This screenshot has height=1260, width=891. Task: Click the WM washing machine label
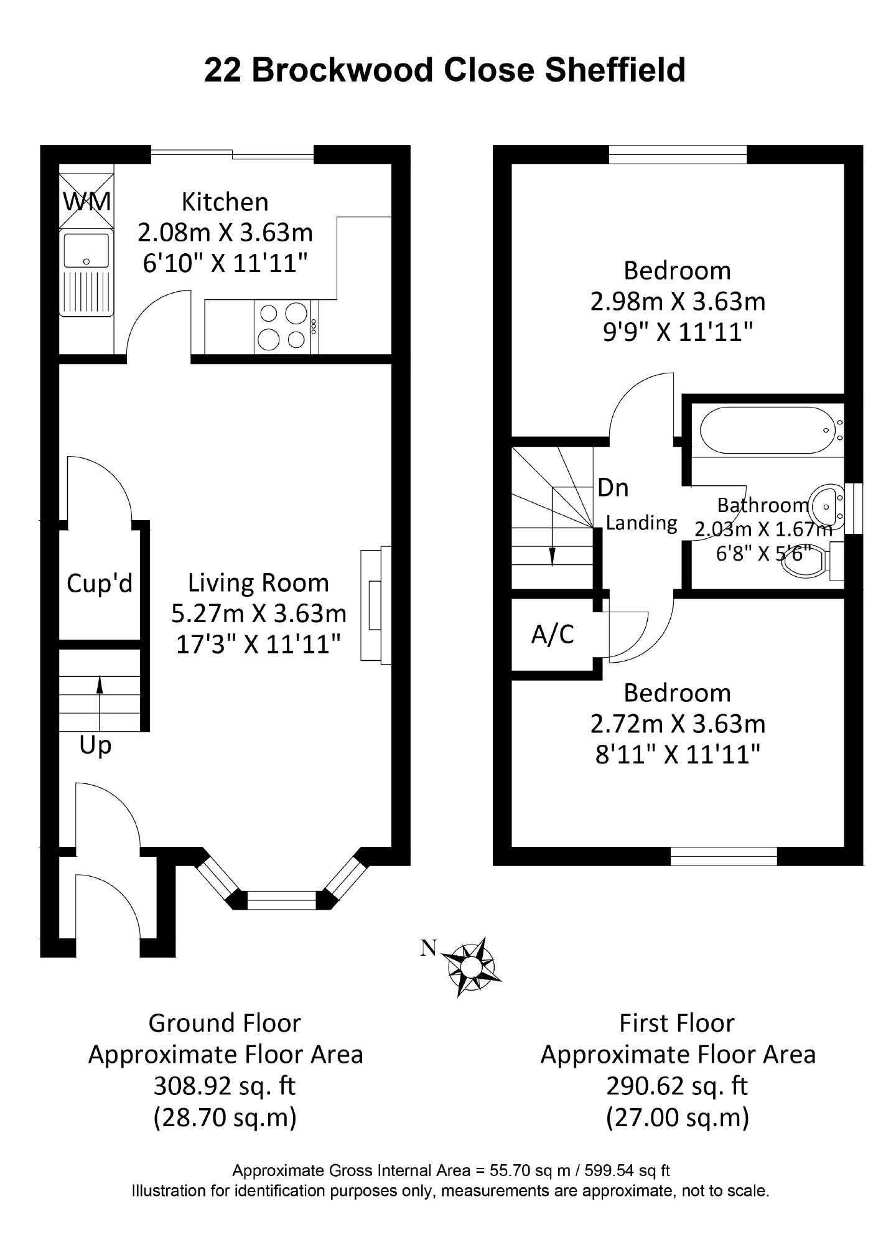click(87, 202)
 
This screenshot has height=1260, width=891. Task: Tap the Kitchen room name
click(225, 202)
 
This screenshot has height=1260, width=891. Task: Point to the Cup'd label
click(100, 583)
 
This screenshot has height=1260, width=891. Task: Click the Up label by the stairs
click(95, 745)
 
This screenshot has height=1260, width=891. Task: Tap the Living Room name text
click(259, 583)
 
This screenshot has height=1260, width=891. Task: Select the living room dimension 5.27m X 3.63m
click(259, 614)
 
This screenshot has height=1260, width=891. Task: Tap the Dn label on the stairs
click(613, 488)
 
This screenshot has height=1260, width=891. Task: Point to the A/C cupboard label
click(553, 634)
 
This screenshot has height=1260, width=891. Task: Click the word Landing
click(641, 523)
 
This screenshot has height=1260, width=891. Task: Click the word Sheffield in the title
click(615, 70)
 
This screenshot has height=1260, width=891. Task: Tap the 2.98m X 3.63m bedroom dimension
click(678, 302)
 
